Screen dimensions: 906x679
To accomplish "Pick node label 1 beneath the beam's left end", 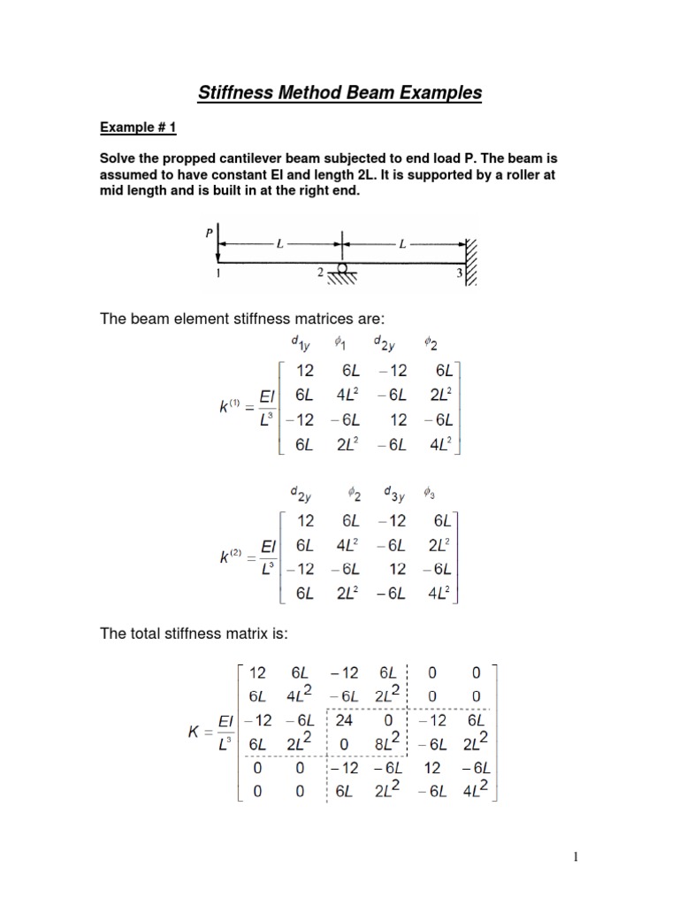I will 217,275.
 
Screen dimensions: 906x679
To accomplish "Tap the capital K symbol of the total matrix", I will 202,733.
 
